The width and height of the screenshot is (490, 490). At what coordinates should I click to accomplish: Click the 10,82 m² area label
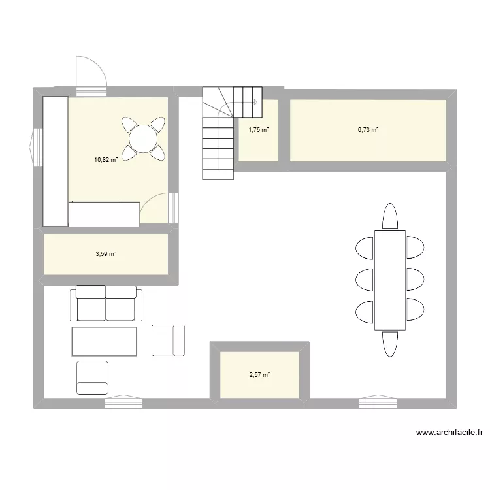pos(106,160)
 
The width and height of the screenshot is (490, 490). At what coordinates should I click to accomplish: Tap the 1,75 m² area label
pos(259,130)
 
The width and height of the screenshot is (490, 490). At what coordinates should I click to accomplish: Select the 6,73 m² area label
pos(368,130)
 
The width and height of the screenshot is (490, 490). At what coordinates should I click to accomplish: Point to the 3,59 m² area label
pos(106,254)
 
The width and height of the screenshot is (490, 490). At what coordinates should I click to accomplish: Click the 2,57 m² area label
pos(259,375)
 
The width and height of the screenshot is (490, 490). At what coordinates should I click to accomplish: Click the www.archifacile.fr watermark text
pos(449,433)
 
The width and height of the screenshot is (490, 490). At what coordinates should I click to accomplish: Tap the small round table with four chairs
pos(143,139)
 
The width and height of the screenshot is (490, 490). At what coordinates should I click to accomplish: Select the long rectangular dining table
pos(390,280)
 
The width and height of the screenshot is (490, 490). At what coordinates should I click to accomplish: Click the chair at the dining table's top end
pos(390,216)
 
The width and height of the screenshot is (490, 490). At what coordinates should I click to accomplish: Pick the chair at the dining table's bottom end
pos(390,344)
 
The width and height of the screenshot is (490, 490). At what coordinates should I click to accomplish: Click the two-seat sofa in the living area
pos(106,302)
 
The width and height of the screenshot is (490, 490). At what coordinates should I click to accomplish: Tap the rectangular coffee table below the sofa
pos(104,342)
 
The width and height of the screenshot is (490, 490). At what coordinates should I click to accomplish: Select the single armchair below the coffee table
pos(93,378)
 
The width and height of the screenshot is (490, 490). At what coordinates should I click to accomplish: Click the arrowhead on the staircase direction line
pos(255,102)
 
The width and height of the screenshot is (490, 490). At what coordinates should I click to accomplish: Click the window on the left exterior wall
pos(36,147)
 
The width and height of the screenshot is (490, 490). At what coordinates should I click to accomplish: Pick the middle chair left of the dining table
pos(365,280)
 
